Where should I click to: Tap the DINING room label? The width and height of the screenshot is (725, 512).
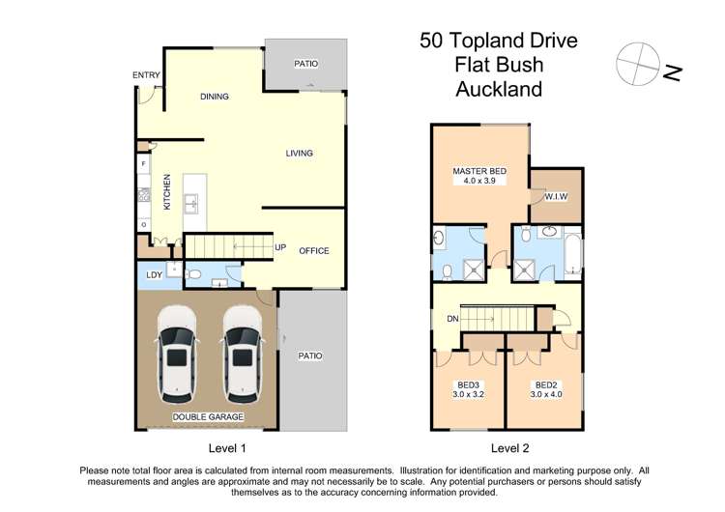(x=214, y=97)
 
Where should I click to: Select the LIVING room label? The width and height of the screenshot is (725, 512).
(x=299, y=154)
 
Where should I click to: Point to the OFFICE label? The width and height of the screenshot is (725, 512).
(x=313, y=251)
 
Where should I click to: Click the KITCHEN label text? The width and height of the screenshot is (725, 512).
(x=167, y=192)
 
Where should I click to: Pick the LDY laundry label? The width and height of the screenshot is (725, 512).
(x=153, y=274)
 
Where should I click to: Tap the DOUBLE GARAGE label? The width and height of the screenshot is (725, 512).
(x=208, y=416)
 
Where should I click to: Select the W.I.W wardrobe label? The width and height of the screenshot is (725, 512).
(x=555, y=196)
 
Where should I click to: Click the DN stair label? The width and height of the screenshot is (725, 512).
(x=450, y=319)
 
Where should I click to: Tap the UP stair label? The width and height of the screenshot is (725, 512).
(x=280, y=247)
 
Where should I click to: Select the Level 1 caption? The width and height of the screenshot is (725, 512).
(x=228, y=448)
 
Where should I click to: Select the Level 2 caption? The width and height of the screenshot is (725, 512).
(x=510, y=448)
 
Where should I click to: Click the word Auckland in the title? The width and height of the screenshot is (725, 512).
(x=498, y=90)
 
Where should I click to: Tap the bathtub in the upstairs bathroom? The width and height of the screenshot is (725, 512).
(x=572, y=253)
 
